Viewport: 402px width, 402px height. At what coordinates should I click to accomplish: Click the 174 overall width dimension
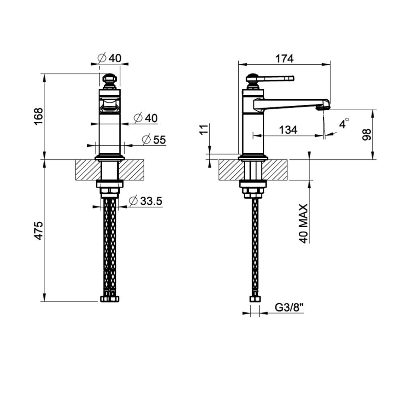click(x=284, y=59)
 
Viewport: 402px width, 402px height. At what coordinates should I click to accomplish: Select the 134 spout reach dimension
click(x=288, y=130)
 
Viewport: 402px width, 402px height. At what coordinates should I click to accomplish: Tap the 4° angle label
click(x=344, y=123)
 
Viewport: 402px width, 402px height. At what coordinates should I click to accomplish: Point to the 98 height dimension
click(x=367, y=135)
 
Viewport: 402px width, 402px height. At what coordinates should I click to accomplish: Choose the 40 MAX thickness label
click(x=303, y=224)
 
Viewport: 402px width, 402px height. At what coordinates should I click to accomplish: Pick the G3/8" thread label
click(x=289, y=307)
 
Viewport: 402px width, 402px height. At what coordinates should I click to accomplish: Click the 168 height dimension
click(x=39, y=117)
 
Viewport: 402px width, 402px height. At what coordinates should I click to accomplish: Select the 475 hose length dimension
click(x=39, y=230)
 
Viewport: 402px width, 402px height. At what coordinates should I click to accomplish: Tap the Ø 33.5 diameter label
click(x=146, y=201)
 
